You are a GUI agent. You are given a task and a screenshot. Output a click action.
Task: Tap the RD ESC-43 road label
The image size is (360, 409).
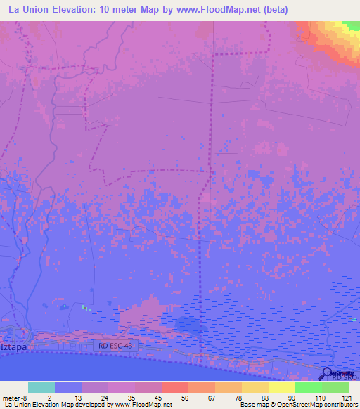[114, 346]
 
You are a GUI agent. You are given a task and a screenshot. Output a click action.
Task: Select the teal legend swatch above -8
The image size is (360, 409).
[41, 387]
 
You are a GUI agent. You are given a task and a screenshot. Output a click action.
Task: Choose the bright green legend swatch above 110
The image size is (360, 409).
[308, 387]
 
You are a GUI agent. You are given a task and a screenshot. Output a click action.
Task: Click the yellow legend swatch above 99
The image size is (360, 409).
[281, 387]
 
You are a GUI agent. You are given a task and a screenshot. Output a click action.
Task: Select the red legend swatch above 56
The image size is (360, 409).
[174, 387]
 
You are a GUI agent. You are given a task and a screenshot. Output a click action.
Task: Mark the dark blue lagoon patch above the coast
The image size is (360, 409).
[188, 325]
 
